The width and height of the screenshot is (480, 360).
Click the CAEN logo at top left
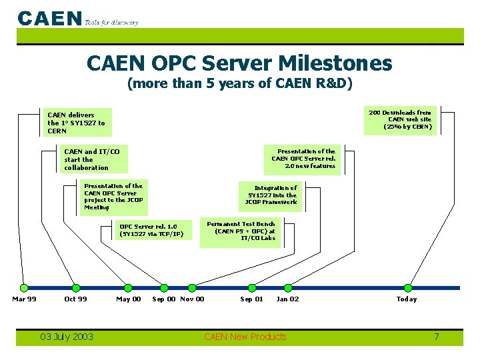[50, 18]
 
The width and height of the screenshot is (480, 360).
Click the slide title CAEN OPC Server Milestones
[239, 63]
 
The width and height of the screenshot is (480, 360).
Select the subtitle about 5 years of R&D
[239, 84]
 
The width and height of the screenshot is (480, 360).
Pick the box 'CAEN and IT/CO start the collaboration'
[93, 159]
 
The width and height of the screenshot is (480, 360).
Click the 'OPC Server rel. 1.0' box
[151, 230]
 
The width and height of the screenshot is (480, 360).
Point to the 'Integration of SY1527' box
[271, 195]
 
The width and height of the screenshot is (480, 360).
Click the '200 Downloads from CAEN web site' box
[400, 120]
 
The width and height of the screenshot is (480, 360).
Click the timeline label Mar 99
[24, 299]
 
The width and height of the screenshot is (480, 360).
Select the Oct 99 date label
[75, 299]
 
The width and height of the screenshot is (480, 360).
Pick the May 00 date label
[129, 299]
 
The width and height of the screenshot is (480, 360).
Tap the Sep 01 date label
[251, 299]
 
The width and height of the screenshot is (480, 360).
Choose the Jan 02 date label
[287, 299]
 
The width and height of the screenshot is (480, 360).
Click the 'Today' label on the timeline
[407, 299]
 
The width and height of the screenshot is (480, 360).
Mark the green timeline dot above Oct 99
[75, 288]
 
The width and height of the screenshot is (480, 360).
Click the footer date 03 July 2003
[67, 337]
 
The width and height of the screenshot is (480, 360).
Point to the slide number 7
[437, 337]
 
